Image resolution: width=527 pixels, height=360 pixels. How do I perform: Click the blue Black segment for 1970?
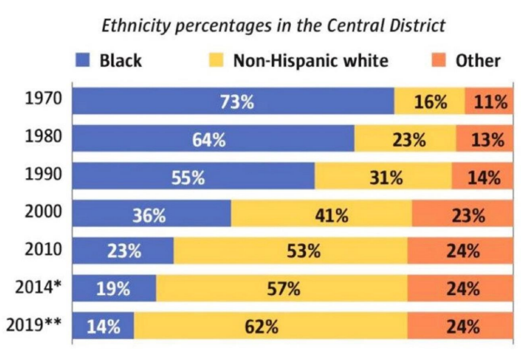tap(233, 102)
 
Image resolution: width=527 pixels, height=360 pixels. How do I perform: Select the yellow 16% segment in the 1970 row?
tap(429, 102)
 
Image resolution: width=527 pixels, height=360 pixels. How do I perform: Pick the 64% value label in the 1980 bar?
tap(208, 140)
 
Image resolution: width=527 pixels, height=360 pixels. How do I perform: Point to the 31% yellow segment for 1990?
tap(384, 177)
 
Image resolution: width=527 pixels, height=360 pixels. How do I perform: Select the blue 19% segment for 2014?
tap(114, 289)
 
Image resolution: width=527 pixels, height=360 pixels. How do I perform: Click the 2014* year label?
tap(38, 288)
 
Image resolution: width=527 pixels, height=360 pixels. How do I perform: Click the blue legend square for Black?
tap(83, 60)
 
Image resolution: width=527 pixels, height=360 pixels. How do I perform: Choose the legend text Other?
tap(478, 60)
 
